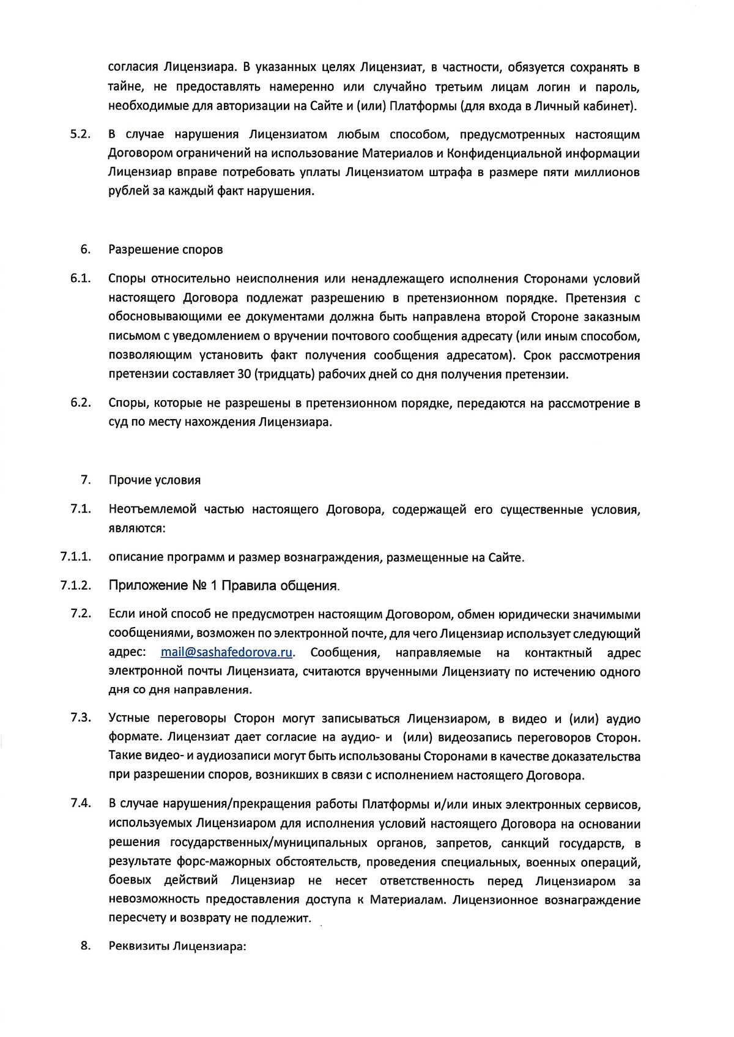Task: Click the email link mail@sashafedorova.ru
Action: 226,652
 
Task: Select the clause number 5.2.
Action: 81,134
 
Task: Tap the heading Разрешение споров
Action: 165,250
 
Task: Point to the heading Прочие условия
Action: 154,480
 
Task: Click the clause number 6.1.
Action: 81,279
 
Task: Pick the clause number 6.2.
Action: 81,403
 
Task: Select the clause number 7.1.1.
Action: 76,557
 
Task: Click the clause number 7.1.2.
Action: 76,585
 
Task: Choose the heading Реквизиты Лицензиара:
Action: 177,946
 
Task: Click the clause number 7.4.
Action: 81,803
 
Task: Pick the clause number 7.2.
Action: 81,614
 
